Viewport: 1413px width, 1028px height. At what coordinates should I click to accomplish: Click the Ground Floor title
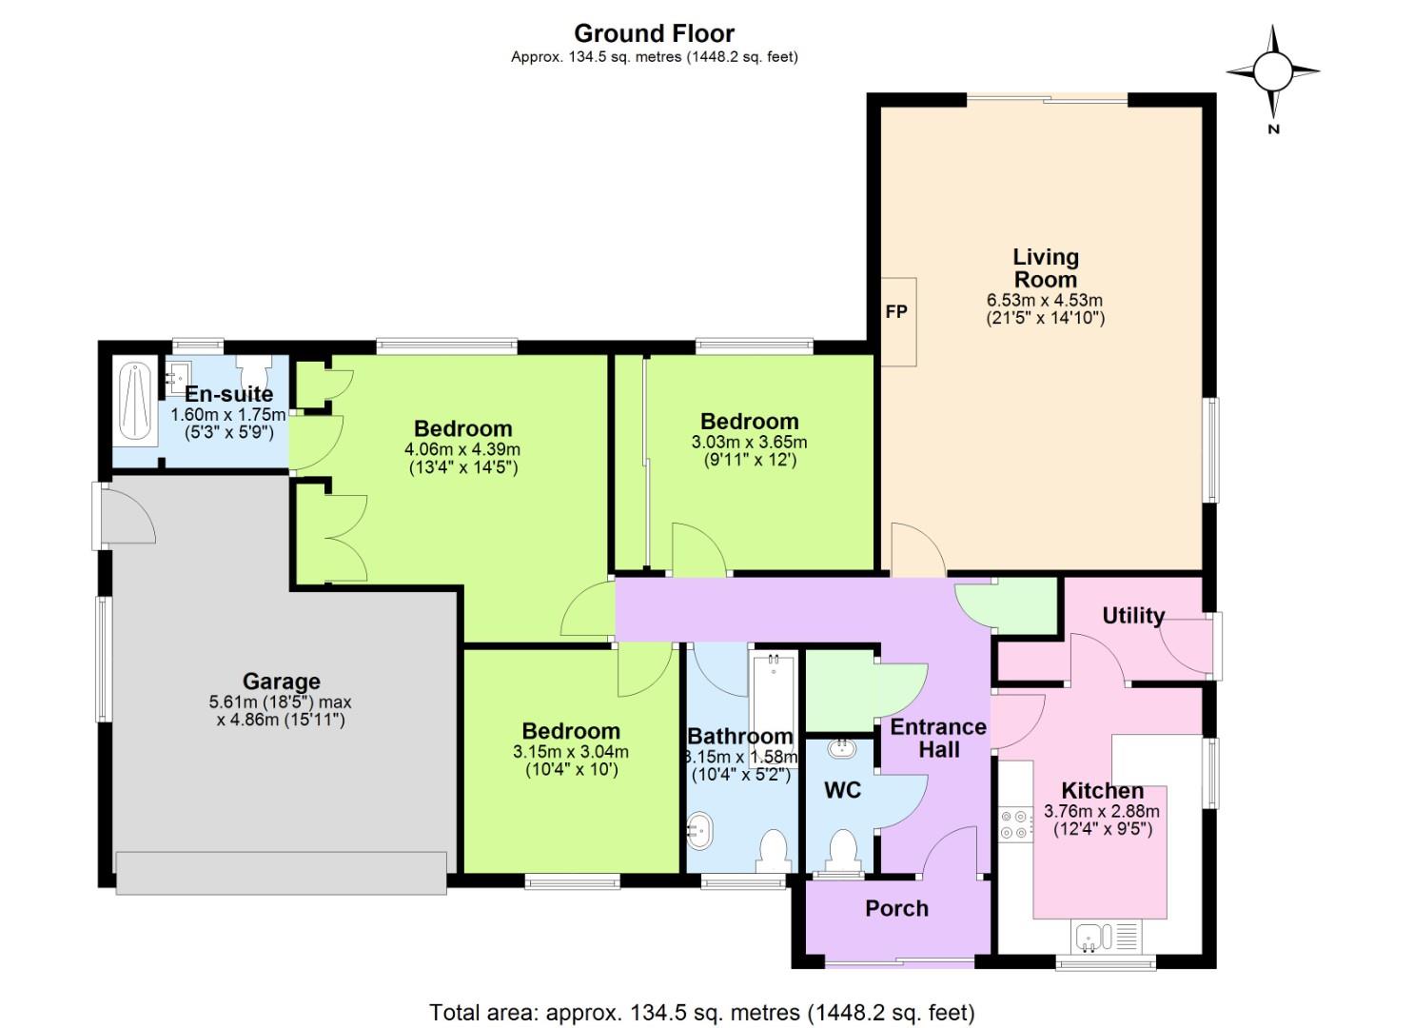[654, 34]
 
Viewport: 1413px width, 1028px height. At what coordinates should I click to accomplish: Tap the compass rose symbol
[1272, 71]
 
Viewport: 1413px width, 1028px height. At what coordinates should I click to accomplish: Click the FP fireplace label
[896, 312]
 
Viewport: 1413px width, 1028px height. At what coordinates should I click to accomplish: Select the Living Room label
[1045, 268]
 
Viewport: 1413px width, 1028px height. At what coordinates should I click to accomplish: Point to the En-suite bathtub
[135, 402]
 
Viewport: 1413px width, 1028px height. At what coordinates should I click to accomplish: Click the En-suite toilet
[254, 367]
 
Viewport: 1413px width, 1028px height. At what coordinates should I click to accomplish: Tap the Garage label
[281, 682]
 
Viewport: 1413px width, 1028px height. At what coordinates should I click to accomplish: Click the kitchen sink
[1094, 936]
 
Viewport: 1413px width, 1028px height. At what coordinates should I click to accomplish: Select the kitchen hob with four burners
[1015, 824]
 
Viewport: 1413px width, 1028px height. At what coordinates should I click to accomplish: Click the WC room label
[842, 790]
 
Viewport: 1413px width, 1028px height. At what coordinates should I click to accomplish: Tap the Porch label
[896, 908]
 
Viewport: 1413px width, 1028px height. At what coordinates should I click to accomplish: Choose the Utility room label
[1132, 616]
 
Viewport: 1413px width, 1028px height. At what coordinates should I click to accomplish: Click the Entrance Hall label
[938, 738]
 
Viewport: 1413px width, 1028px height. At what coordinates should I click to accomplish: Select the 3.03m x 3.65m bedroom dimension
[749, 442]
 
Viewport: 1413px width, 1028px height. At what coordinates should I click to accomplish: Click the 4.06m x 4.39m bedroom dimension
[462, 449]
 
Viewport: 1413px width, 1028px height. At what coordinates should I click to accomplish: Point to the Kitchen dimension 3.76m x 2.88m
[1102, 812]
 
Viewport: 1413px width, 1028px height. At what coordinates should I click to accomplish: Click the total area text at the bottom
[702, 1012]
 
